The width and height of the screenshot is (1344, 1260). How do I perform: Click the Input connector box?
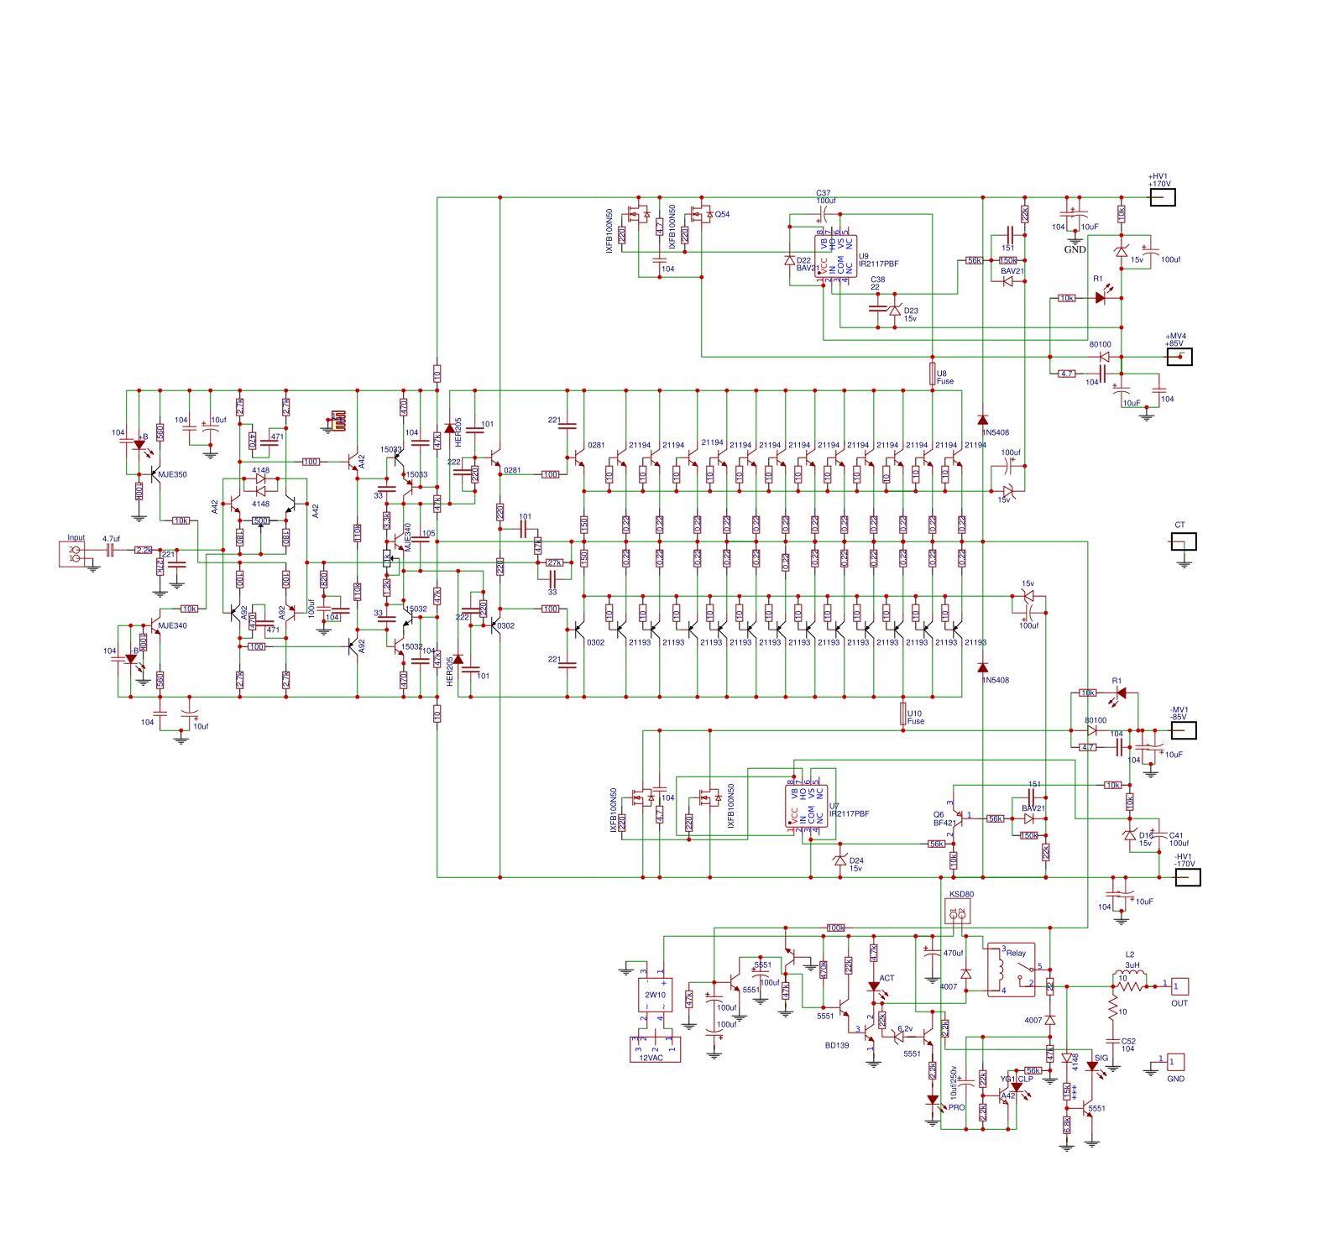72,554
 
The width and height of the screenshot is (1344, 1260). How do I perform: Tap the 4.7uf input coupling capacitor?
109,550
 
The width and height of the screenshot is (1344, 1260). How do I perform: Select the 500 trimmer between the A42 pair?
261,520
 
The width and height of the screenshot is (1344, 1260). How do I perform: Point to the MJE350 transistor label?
172,474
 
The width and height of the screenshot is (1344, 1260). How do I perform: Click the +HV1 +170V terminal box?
1162,197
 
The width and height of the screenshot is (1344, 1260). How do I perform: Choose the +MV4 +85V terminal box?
1179,357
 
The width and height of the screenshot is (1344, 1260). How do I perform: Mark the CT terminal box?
1183,541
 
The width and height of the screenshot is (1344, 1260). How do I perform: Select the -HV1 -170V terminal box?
1187,877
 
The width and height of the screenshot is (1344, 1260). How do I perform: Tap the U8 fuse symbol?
933,374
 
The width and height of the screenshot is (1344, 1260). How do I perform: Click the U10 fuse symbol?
903,714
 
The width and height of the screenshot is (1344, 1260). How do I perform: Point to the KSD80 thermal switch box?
958,914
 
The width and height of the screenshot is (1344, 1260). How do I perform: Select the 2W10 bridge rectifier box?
655,995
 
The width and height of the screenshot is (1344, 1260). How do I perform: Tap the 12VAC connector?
655,1049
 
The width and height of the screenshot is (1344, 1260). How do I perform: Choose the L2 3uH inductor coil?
1131,986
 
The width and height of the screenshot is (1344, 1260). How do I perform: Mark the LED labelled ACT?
874,987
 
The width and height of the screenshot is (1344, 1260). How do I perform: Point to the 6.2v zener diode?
899,1037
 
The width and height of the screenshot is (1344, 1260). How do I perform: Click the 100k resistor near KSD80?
835,928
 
